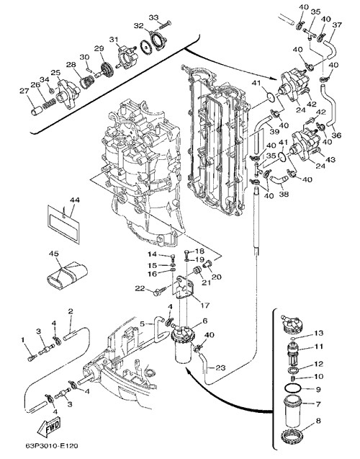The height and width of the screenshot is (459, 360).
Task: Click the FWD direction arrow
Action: tap(49, 427)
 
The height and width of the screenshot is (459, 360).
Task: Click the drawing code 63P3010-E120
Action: tap(52, 446)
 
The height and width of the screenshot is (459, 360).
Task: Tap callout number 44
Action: tap(75, 200)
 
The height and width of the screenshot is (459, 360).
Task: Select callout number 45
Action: tap(54, 253)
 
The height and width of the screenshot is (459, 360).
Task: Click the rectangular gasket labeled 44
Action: tap(63, 225)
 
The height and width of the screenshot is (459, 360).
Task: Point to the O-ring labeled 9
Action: tap(292, 389)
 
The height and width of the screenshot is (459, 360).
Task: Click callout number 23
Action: tap(220, 367)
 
